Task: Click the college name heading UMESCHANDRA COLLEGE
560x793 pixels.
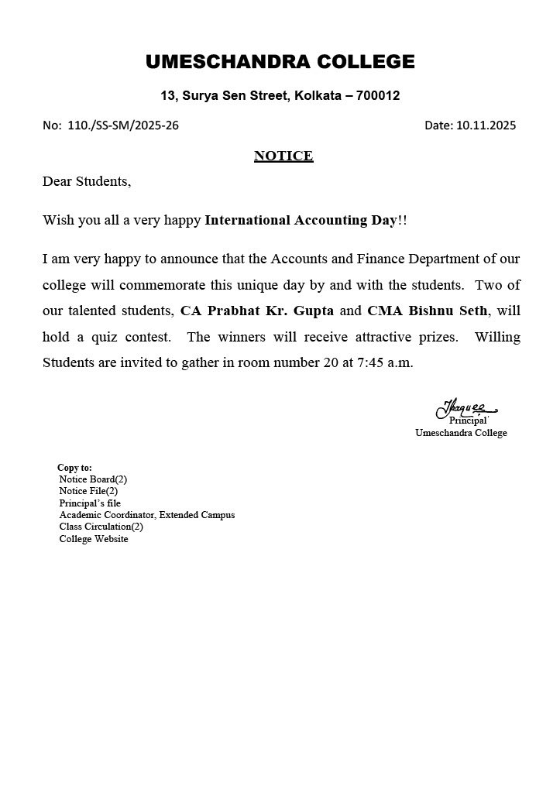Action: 280,62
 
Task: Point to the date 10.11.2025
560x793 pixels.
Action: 486,125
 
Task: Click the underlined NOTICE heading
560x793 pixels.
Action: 283,156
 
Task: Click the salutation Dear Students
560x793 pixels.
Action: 87,181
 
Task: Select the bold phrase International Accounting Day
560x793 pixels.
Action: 301,220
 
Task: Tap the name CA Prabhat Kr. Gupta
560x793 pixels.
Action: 257,311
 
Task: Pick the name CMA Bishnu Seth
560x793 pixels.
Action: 428,311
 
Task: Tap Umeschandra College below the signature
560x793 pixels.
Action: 461,433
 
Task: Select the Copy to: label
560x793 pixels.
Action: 74,468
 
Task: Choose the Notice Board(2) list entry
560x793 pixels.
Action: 93,479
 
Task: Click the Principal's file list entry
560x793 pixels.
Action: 90,503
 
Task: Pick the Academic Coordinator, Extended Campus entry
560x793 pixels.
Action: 147,515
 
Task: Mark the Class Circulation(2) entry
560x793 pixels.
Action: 101,527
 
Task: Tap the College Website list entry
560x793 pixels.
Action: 94,539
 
